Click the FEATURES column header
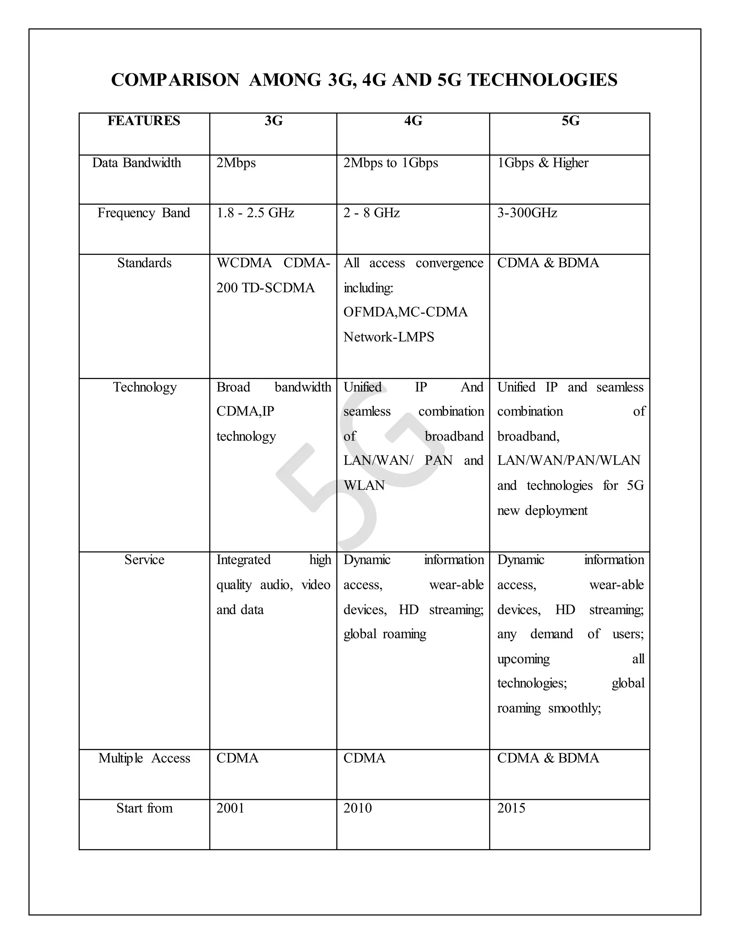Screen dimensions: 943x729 [x=144, y=121]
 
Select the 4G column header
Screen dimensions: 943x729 [x=413, y=121]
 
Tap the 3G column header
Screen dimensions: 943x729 [x=273, y=121]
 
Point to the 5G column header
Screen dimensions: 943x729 [x=570, y=121]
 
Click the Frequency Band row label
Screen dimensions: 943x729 [x=144, y=213]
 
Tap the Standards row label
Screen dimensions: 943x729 [x=144, y=263]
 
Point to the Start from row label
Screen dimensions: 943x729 [x=144, y=808]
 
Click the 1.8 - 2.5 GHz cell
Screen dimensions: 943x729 [x=255, y=213]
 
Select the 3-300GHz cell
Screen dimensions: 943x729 [x=527, y=213]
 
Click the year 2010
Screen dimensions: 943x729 [x=358, y=808]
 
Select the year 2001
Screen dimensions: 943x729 [x=230, y=808]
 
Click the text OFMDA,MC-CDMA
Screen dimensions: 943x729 [x=405, y=312]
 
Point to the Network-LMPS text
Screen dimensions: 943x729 [x=389, y=337]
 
